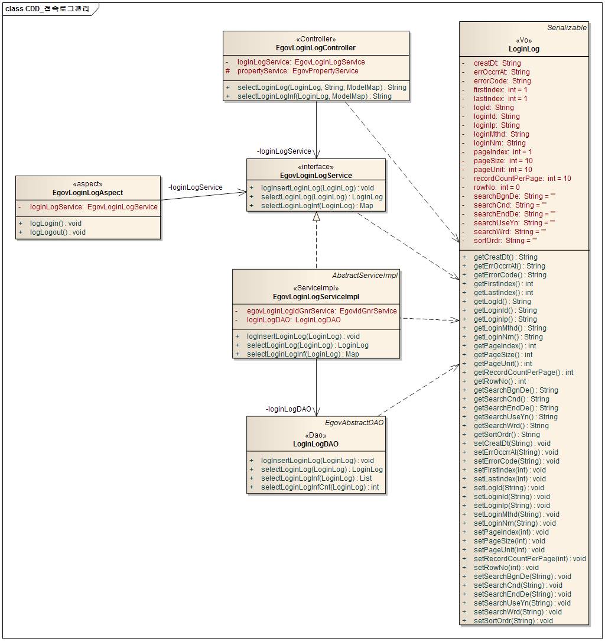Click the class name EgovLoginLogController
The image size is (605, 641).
tap(315, 48)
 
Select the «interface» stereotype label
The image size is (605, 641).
tap(315, 167)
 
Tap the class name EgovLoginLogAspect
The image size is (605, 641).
tap(87, 193)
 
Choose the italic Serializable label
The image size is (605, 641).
tap(567, 28)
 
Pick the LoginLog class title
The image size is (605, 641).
tap(523, 49)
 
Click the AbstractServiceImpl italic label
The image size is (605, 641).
tap(365, 276)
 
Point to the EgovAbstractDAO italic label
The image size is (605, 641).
tap(354, 423)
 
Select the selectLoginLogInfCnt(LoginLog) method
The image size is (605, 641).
tap(320, 487)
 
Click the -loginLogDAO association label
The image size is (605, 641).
tap(288, 409)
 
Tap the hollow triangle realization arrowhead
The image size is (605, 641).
tap(316, 217)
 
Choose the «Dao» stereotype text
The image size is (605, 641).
tap(315, 435)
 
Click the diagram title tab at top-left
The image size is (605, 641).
tap(48, 9)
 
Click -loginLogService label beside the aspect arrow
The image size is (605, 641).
tap(196, 187)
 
